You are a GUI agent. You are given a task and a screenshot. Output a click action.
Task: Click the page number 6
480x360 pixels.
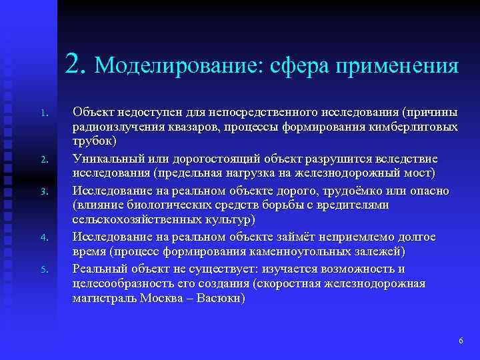pos(461,341)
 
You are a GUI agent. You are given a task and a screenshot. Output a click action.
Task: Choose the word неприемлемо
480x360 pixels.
pos(357,236)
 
